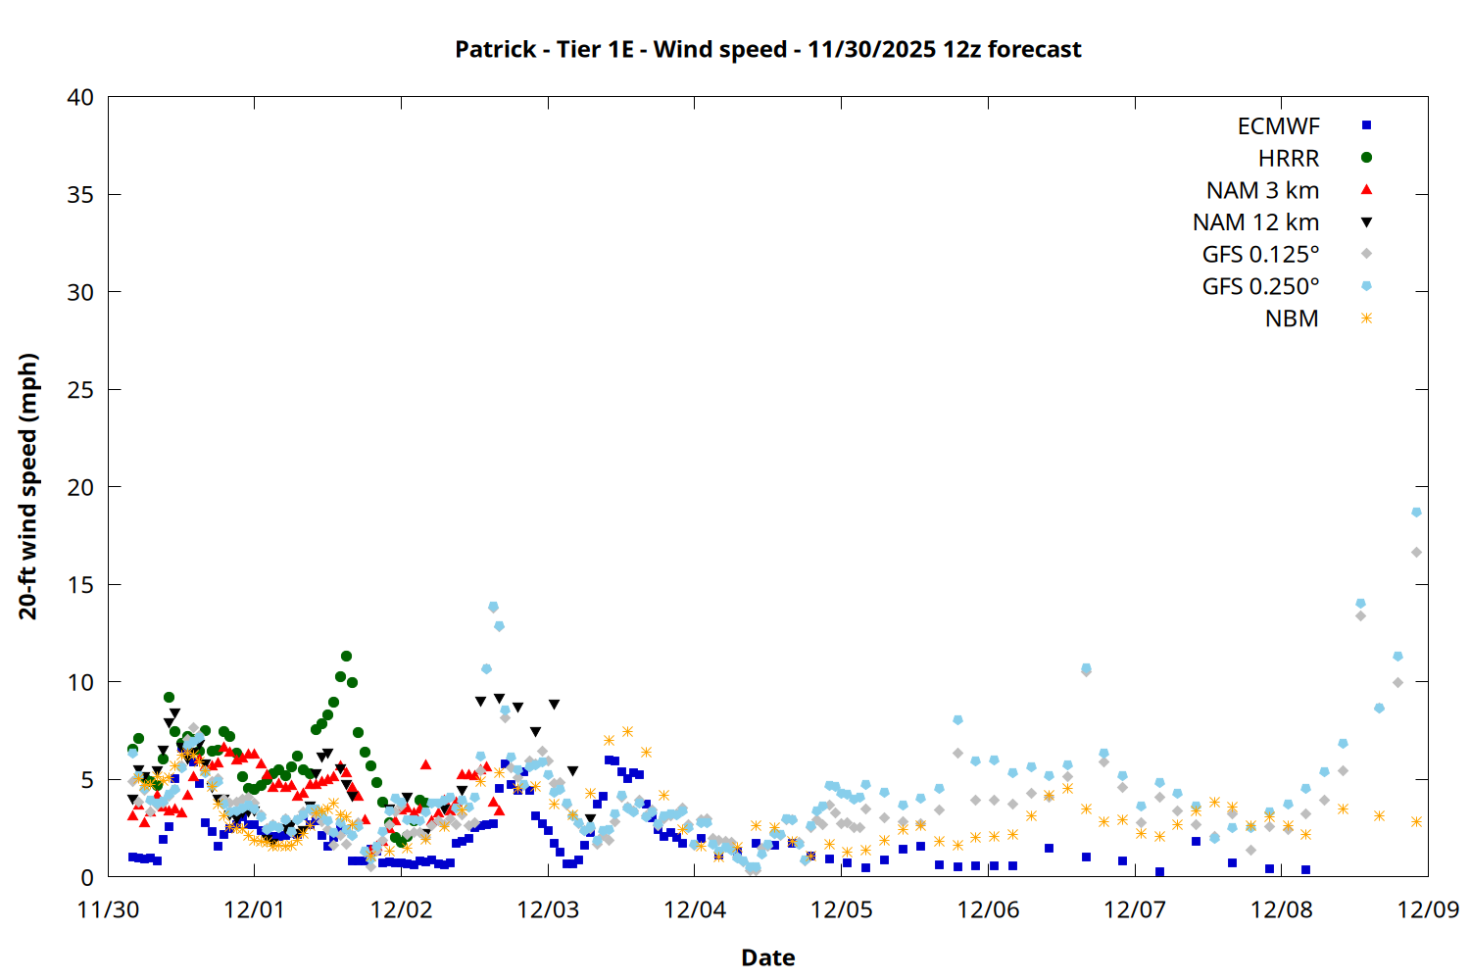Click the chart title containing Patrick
coord(767,49)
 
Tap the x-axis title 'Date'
coord(767,957)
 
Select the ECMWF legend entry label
coord(1278,126)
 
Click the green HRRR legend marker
coord(1366,158)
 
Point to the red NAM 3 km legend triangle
coord(1366,190)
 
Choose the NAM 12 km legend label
coord(1255,222)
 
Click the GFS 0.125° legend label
coord(1260,255)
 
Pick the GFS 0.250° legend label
coord(1260,287)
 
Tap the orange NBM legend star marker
coord(1366,318)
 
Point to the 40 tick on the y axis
coord(80,97)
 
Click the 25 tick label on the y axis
coord(80,390)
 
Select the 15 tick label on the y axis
coord(80,585)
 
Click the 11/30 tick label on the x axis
coord(108,909)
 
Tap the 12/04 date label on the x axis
coord(695,909)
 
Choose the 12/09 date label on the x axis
coord(1428,909)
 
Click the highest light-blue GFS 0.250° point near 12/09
coord(1416,513)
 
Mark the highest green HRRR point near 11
coord(346,657)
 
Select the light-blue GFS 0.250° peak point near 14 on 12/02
coord(493,607)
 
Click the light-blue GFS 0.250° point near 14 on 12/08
coord(1360,604)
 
